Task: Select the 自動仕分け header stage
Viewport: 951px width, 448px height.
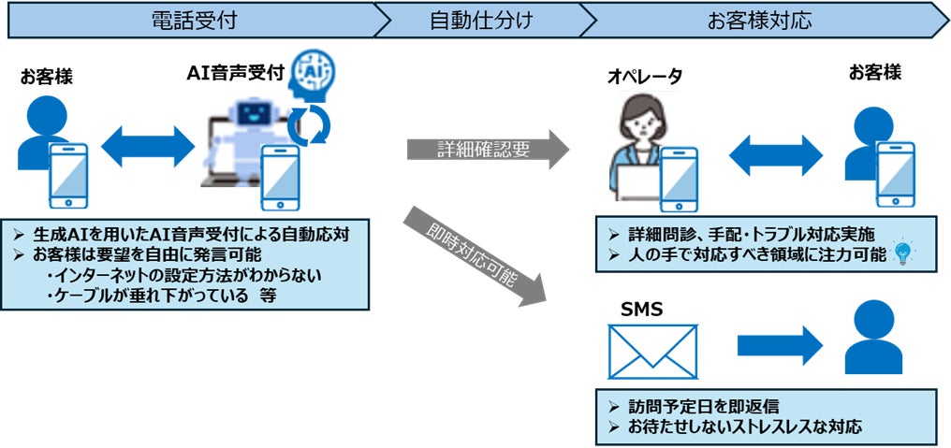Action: (x=481, y=19)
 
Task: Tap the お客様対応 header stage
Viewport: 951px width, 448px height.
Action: (x=763, y=19)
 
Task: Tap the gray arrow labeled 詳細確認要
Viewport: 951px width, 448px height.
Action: (x=488, y=150)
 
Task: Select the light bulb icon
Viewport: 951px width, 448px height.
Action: (x=902, y=251)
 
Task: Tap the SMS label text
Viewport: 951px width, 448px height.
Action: (x=641, y=309)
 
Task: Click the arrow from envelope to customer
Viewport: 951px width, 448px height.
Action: (x=777, y=344)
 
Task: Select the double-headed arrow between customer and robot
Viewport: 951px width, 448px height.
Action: (x=148, y=147)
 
